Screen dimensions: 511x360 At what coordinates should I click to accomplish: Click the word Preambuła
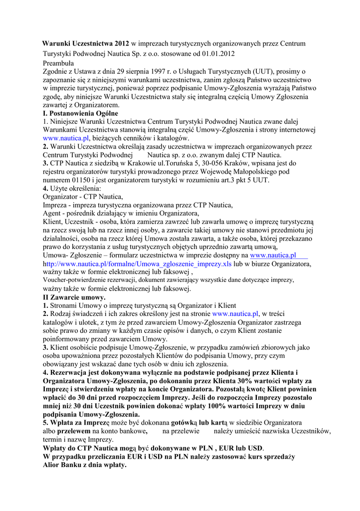click(58, 63)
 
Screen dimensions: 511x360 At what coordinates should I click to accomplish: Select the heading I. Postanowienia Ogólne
click(80, 114)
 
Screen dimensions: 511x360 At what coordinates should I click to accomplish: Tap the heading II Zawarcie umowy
click(74, 297)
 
